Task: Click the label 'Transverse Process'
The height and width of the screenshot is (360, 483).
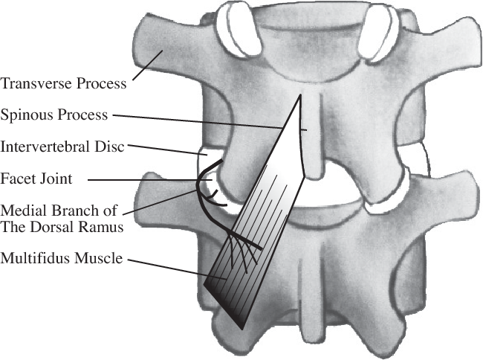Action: (x=64, y=83)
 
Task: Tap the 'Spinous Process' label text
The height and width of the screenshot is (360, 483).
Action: (x=55, y=115)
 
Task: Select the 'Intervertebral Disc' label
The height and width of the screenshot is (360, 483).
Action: (x=62, y=147)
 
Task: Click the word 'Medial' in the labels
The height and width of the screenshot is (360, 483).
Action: (x=22, y=210)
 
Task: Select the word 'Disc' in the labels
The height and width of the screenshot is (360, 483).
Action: (x=110, y=147)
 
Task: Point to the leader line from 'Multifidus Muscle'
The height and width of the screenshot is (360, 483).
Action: (x=178, y=269)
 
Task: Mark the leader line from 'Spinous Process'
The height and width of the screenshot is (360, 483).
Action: (x=208, y=121)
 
